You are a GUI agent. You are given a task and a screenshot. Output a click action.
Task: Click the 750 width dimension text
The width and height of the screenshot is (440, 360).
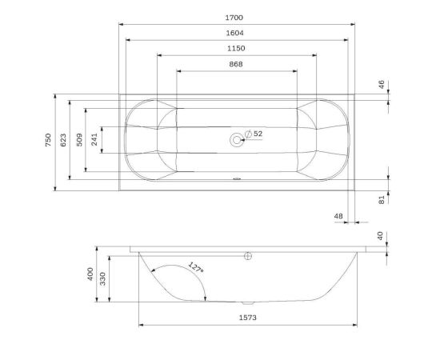(x=49, y=141)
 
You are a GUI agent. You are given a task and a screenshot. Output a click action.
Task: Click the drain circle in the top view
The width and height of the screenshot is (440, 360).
(x=236, y=140)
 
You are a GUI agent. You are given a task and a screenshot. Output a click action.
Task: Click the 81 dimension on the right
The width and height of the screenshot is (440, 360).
(x=382, y=199)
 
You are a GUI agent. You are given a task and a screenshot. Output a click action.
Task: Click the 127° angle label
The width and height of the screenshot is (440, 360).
(x=195, y=267)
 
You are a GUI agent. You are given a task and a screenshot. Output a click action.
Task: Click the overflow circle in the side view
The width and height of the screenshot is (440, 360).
(x=248, y=256)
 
